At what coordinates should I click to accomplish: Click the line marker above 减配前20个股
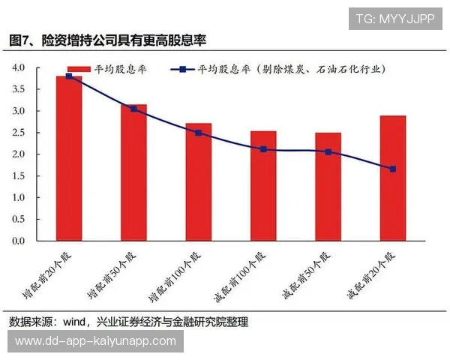coord(393,169)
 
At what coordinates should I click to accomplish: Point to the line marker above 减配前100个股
coord(263,149)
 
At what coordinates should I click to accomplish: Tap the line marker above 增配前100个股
coord(199,133)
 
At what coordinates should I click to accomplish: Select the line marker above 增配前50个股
coord(133,109)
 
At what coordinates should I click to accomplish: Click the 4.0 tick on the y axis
coord(18,67)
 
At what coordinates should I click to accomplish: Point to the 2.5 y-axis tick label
coord(18,133)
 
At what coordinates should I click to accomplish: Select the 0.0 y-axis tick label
coord(18,241)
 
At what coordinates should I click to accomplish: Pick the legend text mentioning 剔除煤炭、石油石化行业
coord(292,69)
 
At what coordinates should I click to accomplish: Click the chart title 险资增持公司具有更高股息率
coord(124,39)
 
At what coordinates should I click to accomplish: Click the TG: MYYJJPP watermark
coord(394,18)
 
